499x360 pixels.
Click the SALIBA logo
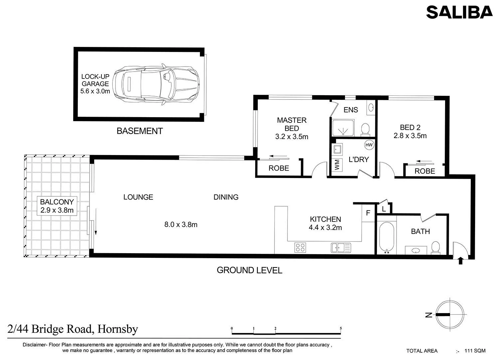(459, 12)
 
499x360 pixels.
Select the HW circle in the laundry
(369, 145)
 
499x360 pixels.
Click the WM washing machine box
(337, 164)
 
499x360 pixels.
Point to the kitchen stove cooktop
(300, 247)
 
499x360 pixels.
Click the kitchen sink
(341, 248)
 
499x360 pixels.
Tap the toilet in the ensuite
(365, 129)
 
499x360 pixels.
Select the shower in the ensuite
(343, 128)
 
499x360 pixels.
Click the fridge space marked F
(368, 213)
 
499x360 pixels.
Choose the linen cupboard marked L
(384, 209)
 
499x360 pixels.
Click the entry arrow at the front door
(460, 260)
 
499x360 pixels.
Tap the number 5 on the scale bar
(341, 328)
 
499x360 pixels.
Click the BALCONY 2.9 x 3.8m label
(57, 206)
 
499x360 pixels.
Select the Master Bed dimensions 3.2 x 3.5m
(292, 136)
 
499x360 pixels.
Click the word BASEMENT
(140, 131)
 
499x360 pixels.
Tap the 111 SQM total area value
(475, 351)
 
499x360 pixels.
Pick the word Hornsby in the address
(118, 329)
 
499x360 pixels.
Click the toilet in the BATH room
(435, 248)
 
